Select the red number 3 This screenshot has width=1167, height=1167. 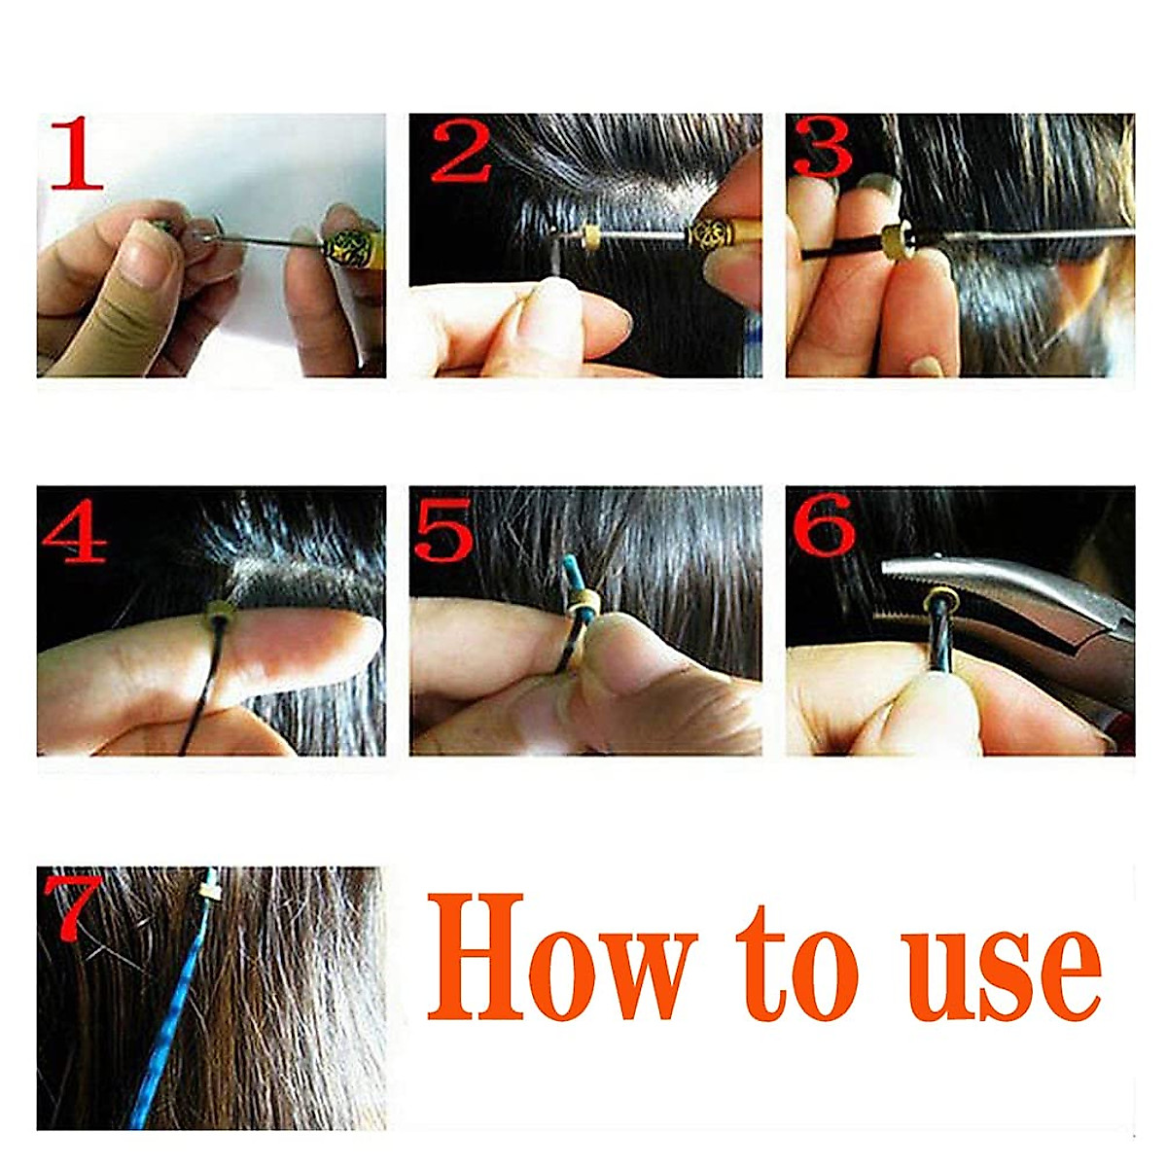(822, 148)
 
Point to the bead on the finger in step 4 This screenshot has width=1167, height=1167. (218, 615)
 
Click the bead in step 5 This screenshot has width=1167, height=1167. (581, 613)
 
